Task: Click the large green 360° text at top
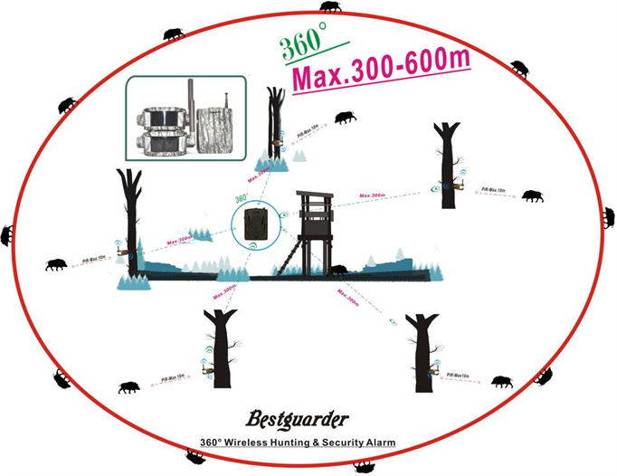(304, 45)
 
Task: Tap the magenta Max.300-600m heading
(383, 68)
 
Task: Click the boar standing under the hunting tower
(339, 269)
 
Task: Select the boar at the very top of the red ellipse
(330, 6)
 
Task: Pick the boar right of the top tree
(345, 118)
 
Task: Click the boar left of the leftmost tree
(56, 265)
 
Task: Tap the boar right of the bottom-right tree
(501, 382)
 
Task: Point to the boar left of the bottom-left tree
(128, 387)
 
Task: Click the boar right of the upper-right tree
(533, 195)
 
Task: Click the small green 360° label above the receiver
(242, 196)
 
